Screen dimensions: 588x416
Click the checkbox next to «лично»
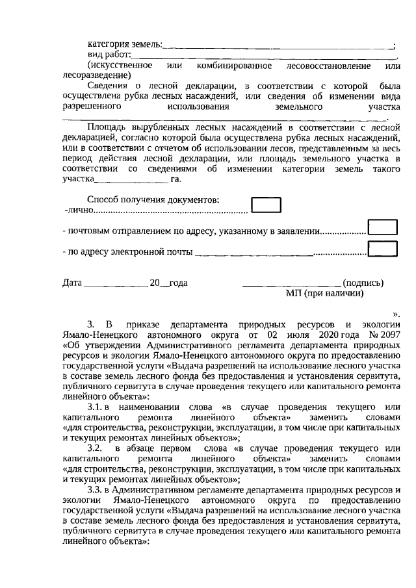click(266, 206)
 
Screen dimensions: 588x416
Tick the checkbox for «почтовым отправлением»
click(382, 227)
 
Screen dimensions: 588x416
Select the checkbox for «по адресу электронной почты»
click(382, 248)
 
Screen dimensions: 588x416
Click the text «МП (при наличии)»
click(324, 293)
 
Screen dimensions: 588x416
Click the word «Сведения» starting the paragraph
click(107, 86)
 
